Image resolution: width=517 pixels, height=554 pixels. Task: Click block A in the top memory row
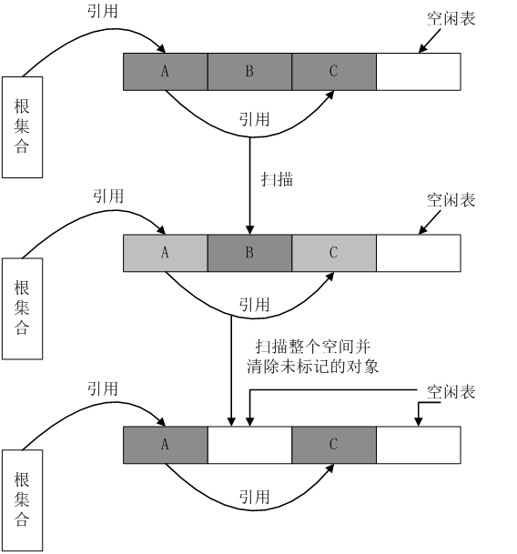click(x=166, y=72)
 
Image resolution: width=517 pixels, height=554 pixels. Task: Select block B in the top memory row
click(x=249, y=72)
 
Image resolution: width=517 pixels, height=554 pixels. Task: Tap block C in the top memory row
click(x=334, y=72)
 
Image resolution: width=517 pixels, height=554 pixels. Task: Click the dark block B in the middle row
click(x=249, y=253)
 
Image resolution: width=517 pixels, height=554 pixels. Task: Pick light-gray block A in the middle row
click(x=166, y=253)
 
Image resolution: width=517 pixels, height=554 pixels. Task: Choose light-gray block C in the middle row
click(x=334, y=253)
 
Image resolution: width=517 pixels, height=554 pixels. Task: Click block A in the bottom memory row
click(x=166, y=445)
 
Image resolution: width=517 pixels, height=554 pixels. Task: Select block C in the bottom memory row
click(x=334, y=445)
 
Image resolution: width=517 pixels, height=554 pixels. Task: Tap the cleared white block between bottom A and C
click(x=249, y=445)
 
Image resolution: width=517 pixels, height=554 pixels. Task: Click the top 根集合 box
click(x=22, y=127)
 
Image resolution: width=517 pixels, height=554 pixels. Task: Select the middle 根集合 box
click(x=22, y=308)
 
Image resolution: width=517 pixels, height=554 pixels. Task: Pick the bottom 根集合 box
click(x=22, y=500)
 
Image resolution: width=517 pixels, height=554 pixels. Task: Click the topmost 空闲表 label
click(x=451, y=19)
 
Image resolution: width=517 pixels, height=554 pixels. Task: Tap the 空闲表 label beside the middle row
click(x=451, y=200)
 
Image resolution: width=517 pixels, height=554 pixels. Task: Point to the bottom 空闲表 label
click(x=451, y=392)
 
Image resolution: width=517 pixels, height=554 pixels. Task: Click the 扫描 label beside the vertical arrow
click(x=277, y=179)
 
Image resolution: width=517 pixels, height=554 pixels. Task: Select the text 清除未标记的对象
click(x=313, y=367)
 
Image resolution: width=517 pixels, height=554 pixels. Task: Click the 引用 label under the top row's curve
click(x=254, y=119)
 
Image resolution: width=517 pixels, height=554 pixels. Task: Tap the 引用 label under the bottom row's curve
click(x=254, y=497)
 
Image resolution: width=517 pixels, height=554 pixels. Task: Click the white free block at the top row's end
click(x=419, y=72)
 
